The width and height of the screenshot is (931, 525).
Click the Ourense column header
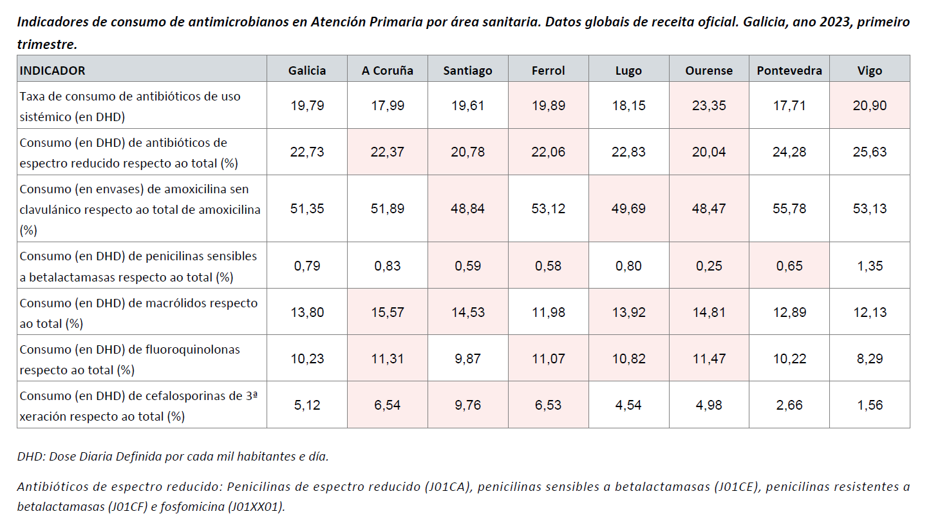pos(709,71)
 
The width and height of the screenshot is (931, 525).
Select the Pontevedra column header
pos(789,71)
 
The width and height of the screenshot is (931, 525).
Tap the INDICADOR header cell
pos(53,71)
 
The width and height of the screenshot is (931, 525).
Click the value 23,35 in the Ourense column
pos(709,106)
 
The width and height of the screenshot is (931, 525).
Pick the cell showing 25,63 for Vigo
pos(870,153)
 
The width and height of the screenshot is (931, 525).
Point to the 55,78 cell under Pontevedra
pos(789,209)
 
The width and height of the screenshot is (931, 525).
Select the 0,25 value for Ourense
pos(709,266)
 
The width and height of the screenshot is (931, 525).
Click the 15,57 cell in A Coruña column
pos(387,312)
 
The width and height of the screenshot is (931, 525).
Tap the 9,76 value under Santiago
pos(467,405)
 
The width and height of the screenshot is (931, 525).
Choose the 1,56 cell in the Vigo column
pos(870,405)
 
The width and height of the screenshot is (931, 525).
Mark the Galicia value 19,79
pos(307,106)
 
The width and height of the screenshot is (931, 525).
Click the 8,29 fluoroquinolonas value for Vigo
pos(870,359)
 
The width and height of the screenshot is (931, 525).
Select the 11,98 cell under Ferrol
pos(548,312)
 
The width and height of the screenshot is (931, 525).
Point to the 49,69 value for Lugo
pos(628,209)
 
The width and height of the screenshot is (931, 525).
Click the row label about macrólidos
pos(138,312)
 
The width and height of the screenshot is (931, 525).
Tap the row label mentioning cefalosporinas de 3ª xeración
pos(138,406)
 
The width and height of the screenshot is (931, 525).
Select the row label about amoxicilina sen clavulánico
pos(140,209)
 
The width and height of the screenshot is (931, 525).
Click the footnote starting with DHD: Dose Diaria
pos(173,457)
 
